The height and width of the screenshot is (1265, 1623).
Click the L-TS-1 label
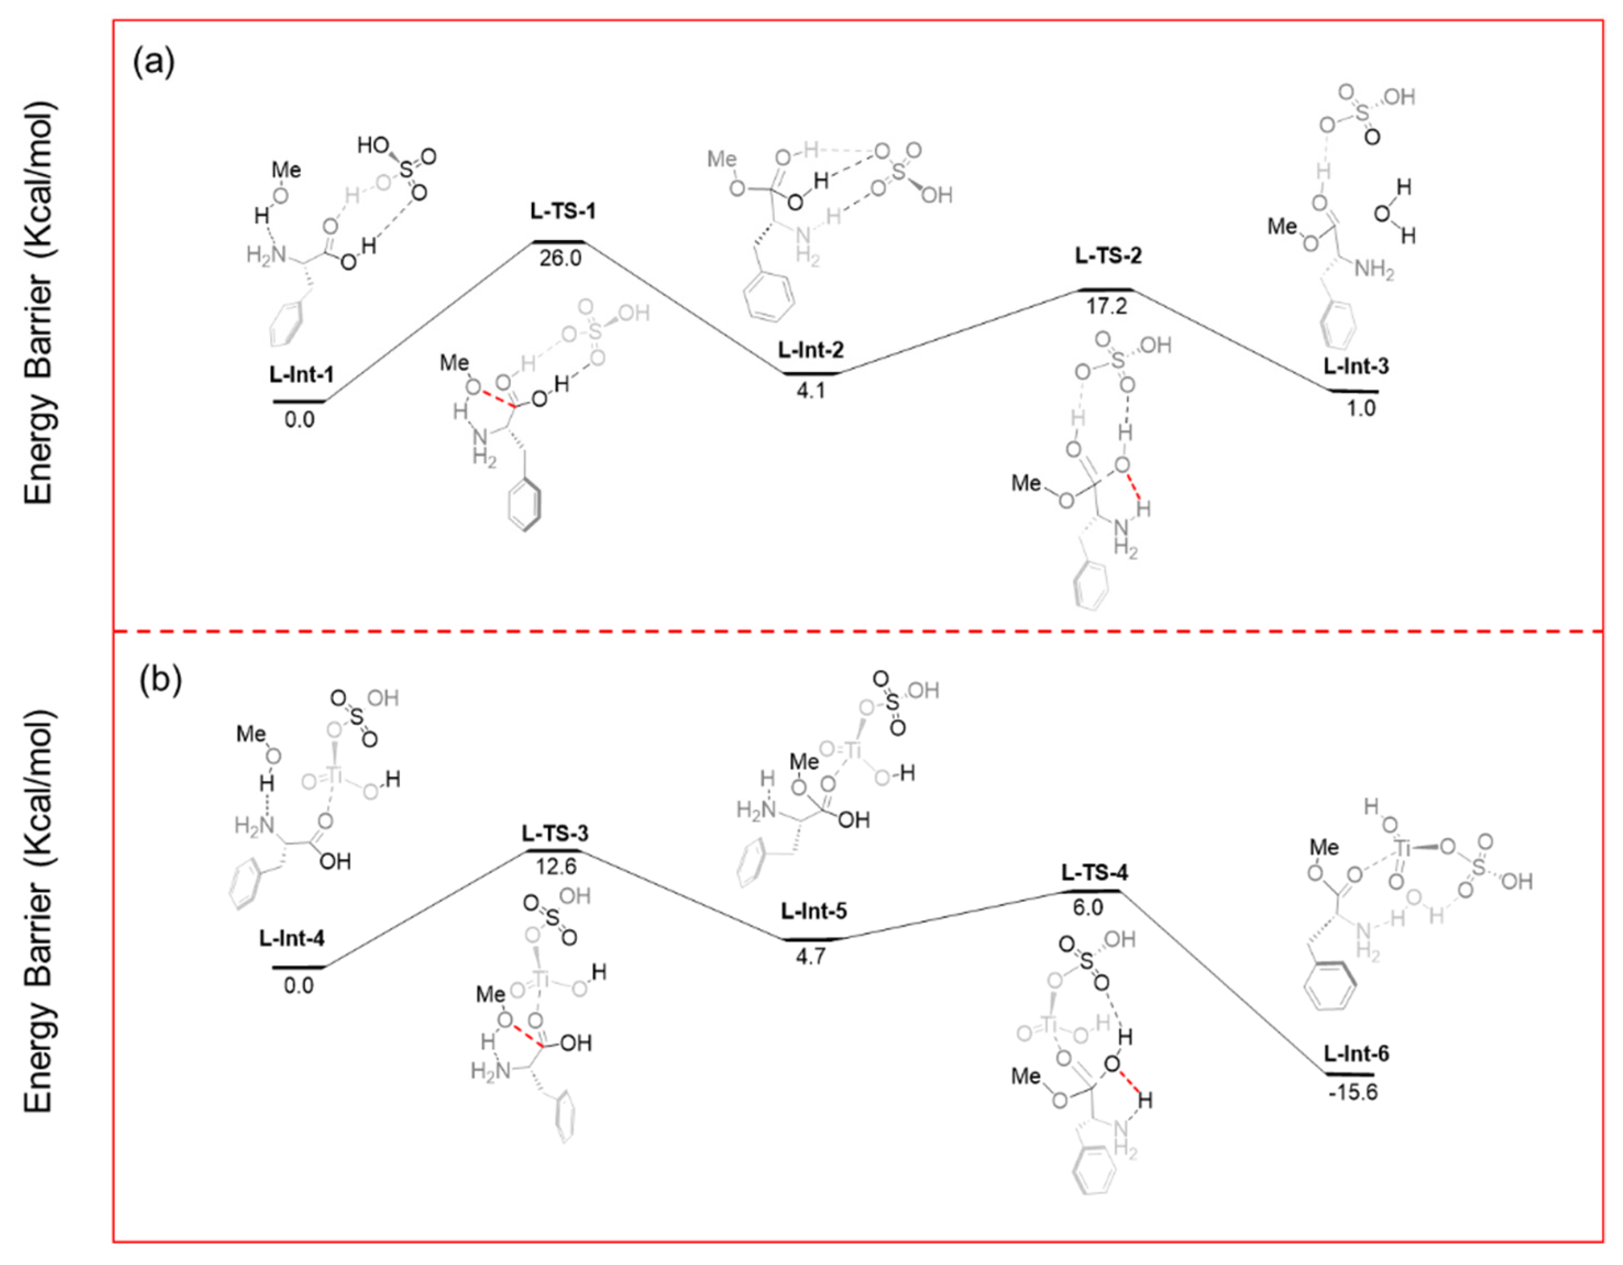click(x=563, y=211)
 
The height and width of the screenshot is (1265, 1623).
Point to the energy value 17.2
click(x=1106, y=305)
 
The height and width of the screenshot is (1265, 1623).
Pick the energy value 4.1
click(x=811, y=390)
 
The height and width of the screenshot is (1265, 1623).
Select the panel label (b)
click(x=161, y=681)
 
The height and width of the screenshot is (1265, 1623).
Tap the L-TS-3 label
click(x=555, y=833)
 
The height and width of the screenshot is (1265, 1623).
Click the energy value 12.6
click(x=556, y=866)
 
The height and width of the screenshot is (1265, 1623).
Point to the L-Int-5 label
click(x=814, y=910)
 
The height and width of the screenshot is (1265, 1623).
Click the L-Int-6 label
click(x=1356, y=1054)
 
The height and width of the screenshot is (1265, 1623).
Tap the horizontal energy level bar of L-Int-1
click(x=299, y=401)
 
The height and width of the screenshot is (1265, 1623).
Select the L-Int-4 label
click(x=292, y=938)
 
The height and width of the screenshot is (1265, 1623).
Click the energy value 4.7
click(x=810, y=956)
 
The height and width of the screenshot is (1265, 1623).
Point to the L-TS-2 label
click(x=1108, y=256)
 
